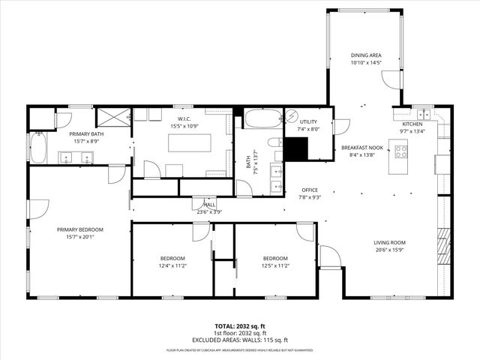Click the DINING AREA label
(x=367, y=55)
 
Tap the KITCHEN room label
(x=412, y=124)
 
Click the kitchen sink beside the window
(x=426, y=115)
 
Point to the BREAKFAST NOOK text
(x=362, y=148)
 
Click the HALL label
(x=209, y=204)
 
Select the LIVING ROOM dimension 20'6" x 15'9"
(x=389, y=250)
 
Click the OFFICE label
(x=310, y=190)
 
